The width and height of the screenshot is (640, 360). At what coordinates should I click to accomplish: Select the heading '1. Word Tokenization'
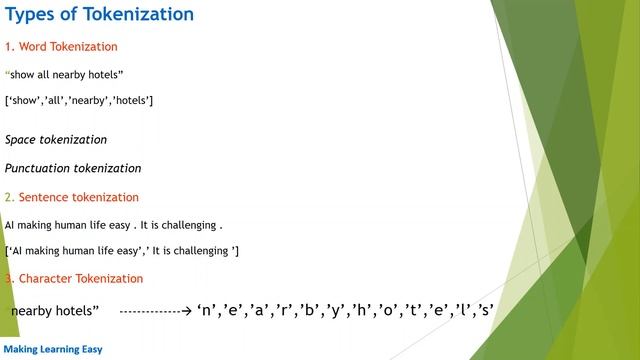tap(61, 47)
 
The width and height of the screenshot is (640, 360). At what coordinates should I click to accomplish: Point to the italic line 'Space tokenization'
tap(56, 140)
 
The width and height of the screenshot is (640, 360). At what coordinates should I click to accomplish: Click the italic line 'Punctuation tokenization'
tap(73, 168)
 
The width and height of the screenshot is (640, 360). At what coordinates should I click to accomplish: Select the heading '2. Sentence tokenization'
tap(71, 197)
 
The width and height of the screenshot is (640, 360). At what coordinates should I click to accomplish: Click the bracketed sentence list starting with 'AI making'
tap(122, 250)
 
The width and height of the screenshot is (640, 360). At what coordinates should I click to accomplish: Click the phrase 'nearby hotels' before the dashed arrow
tap(55, 312)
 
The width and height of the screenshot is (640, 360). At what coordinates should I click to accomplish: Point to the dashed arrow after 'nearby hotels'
tap(155, 312)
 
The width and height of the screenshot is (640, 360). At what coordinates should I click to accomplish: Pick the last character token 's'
tap(486, 311)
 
